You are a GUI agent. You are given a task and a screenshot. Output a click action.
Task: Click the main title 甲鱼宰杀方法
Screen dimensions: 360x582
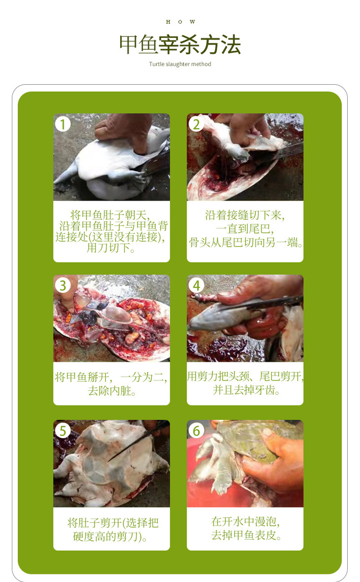pos(180,44)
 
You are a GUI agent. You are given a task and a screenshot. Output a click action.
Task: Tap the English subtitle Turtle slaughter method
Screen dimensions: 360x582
pos(180,64)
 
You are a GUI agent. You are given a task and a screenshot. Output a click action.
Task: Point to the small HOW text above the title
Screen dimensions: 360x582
pos(180,22)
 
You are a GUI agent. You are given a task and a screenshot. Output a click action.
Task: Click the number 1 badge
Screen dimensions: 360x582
pos(63,124)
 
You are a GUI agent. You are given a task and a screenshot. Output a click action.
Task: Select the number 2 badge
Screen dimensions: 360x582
pos(196,124)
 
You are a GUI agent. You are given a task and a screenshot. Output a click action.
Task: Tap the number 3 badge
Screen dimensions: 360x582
pos(63,285)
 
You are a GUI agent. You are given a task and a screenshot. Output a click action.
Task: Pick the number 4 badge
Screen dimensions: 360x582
pos(196,285)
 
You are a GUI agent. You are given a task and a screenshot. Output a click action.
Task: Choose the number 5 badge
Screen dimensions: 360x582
pos(63,431)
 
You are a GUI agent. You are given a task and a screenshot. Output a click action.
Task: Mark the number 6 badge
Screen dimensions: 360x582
pos(196,431)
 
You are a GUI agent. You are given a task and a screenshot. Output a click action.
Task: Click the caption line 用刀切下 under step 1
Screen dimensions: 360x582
pos(111,248)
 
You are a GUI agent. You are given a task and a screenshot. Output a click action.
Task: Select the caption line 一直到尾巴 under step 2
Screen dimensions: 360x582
pos(245,229)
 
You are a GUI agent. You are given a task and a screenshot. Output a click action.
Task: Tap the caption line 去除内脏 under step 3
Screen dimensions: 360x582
pos(111,391)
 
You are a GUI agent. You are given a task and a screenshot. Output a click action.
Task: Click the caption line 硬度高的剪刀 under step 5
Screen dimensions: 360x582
pos(110,537)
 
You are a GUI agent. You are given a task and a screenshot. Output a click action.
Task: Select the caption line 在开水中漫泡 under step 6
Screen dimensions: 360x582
pos(246,522)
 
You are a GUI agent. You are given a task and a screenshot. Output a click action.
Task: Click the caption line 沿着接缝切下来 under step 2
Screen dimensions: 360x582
pos(245,215)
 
